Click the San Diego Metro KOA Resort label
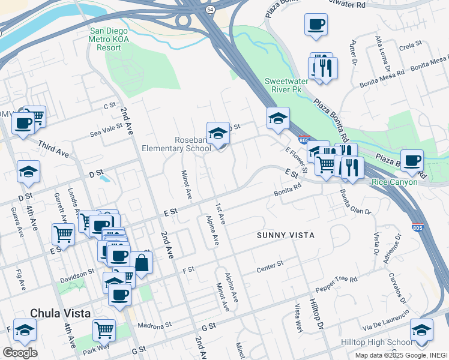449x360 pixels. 113,40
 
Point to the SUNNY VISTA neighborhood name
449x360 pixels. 285,235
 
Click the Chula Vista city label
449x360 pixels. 60,313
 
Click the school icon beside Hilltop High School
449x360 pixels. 421,331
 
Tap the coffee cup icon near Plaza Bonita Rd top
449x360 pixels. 316,25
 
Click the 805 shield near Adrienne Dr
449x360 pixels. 417,227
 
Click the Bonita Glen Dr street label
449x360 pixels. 355,202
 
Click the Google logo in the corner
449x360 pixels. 20,353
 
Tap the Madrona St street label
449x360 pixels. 154,324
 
